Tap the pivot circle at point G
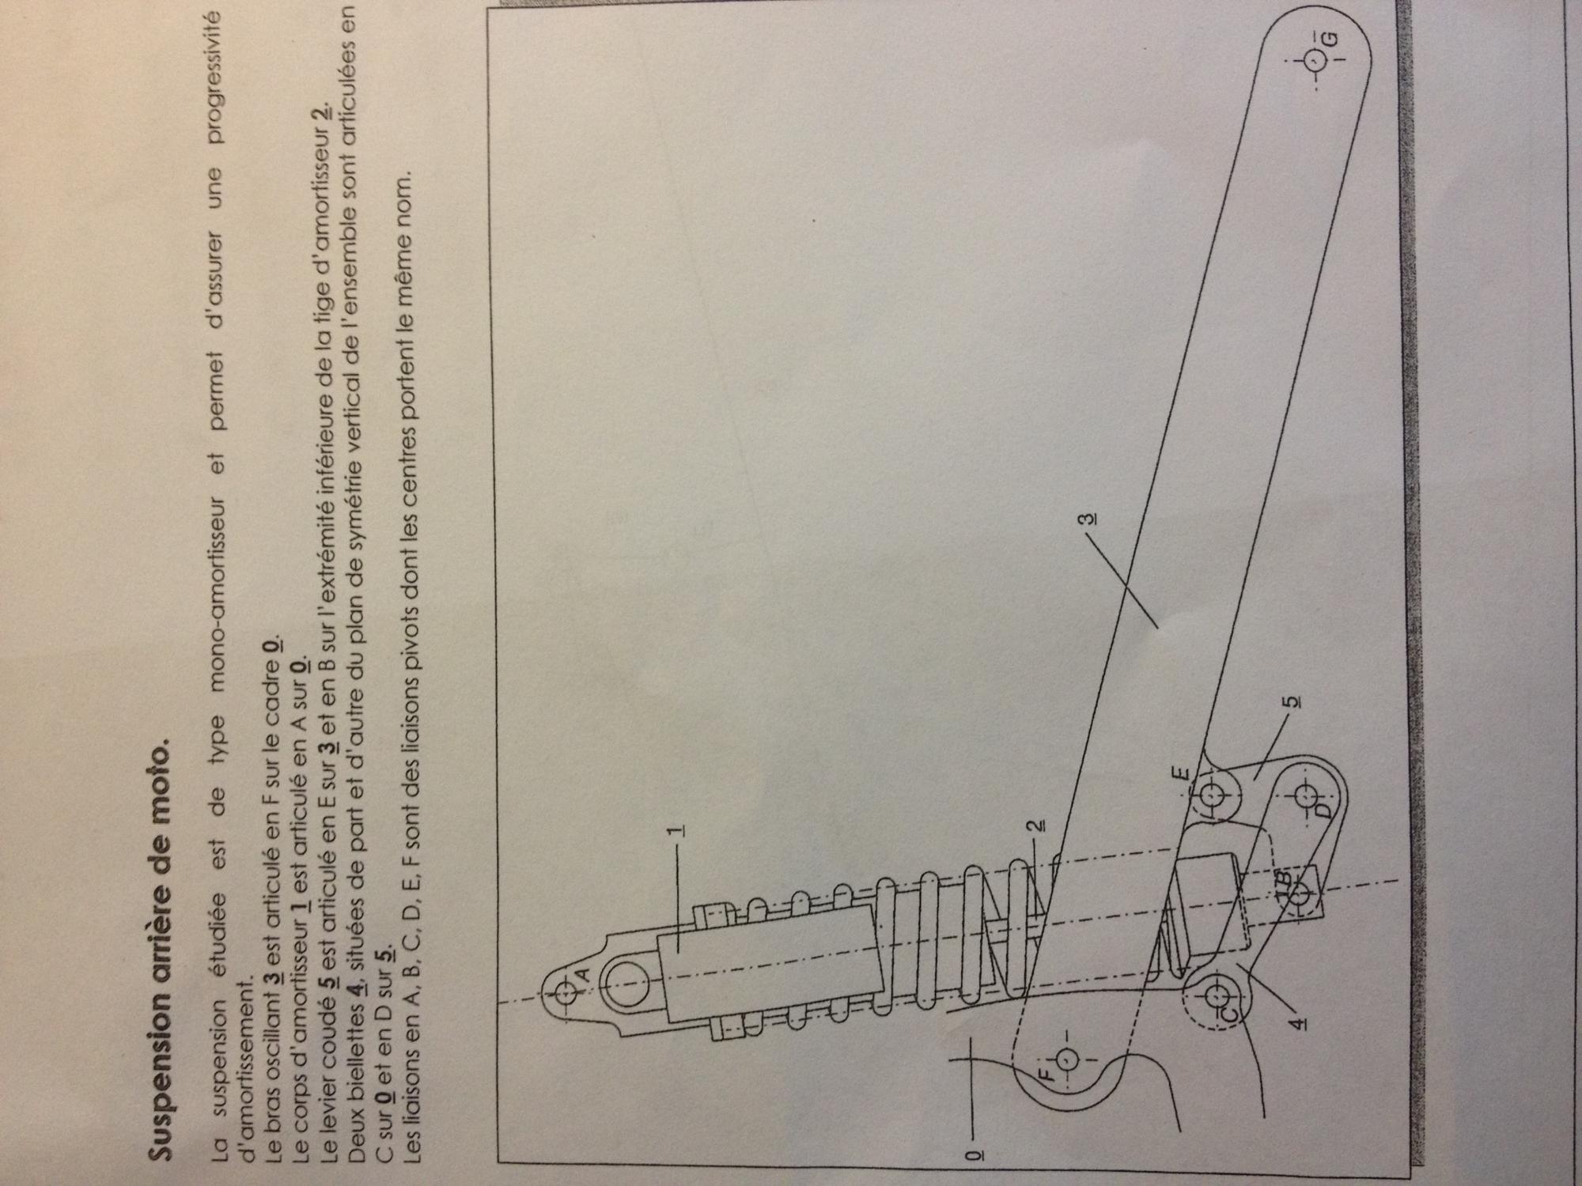pos(1313,61)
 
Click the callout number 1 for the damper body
pos(677,832)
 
